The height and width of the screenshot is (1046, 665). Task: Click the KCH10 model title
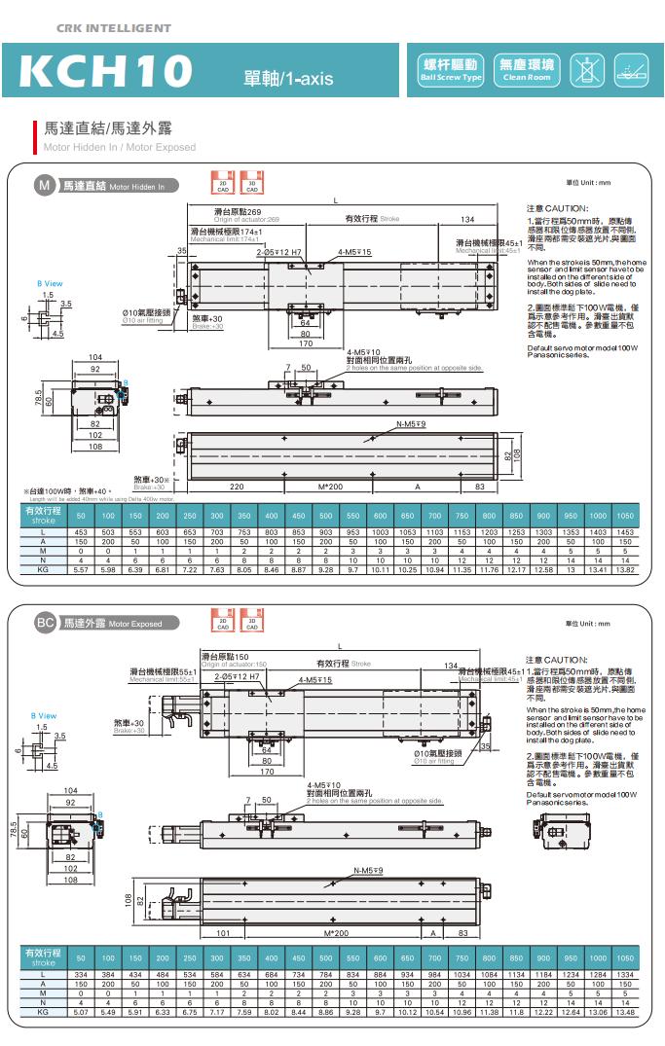106,71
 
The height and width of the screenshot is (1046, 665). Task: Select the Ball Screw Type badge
451,68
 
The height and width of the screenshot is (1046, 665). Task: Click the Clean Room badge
527,68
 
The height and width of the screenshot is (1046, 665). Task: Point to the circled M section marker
44,184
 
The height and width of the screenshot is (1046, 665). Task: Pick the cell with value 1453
625,533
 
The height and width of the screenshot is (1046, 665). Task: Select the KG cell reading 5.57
81,568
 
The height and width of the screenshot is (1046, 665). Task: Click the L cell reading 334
81,975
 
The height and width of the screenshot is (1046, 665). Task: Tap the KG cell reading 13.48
625,1010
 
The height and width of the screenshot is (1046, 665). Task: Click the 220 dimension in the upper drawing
237,486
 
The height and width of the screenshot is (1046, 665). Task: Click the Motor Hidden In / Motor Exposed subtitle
120,147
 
